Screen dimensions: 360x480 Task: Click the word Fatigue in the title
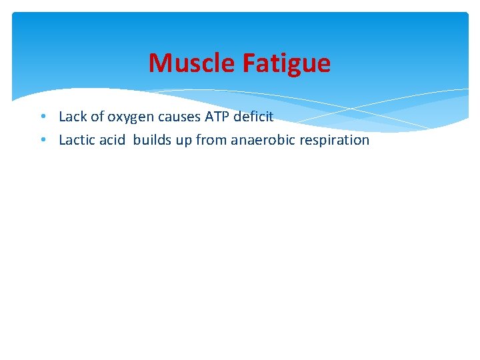[287, 63]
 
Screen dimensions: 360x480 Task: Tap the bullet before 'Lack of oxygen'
[42, 117]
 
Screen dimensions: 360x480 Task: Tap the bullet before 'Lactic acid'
[42, 140]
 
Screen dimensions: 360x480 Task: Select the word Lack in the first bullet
[73, 117]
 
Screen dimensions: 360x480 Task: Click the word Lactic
[77, 140]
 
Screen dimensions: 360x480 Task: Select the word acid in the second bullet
[111, 140]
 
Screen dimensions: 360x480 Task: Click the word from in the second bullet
[210, 140]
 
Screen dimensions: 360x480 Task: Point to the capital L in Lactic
[62, 140]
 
